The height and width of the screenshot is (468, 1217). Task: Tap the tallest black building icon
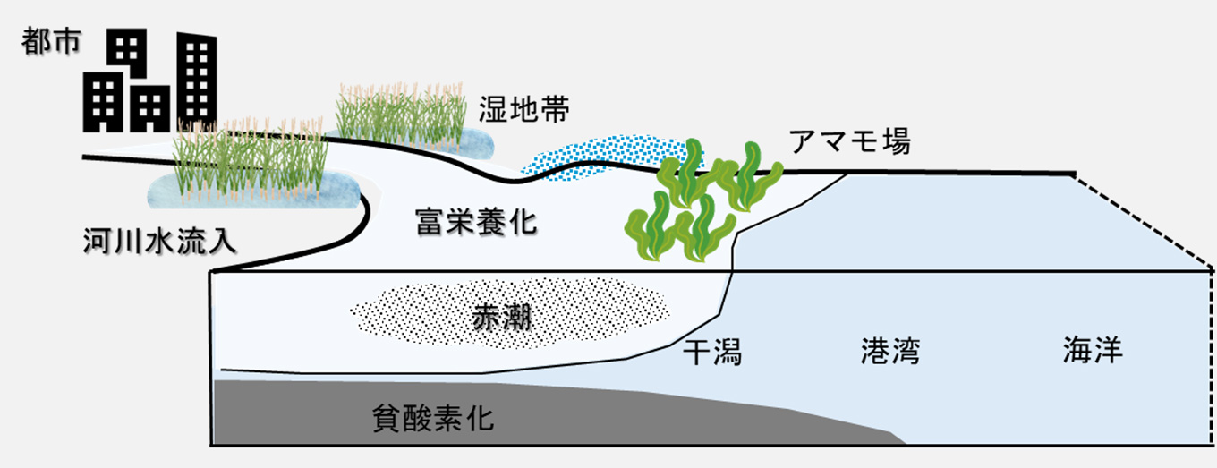[196, 81]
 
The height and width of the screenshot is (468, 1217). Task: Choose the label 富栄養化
[476, 220]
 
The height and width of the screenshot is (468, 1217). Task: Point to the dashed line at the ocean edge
[1145, 219]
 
